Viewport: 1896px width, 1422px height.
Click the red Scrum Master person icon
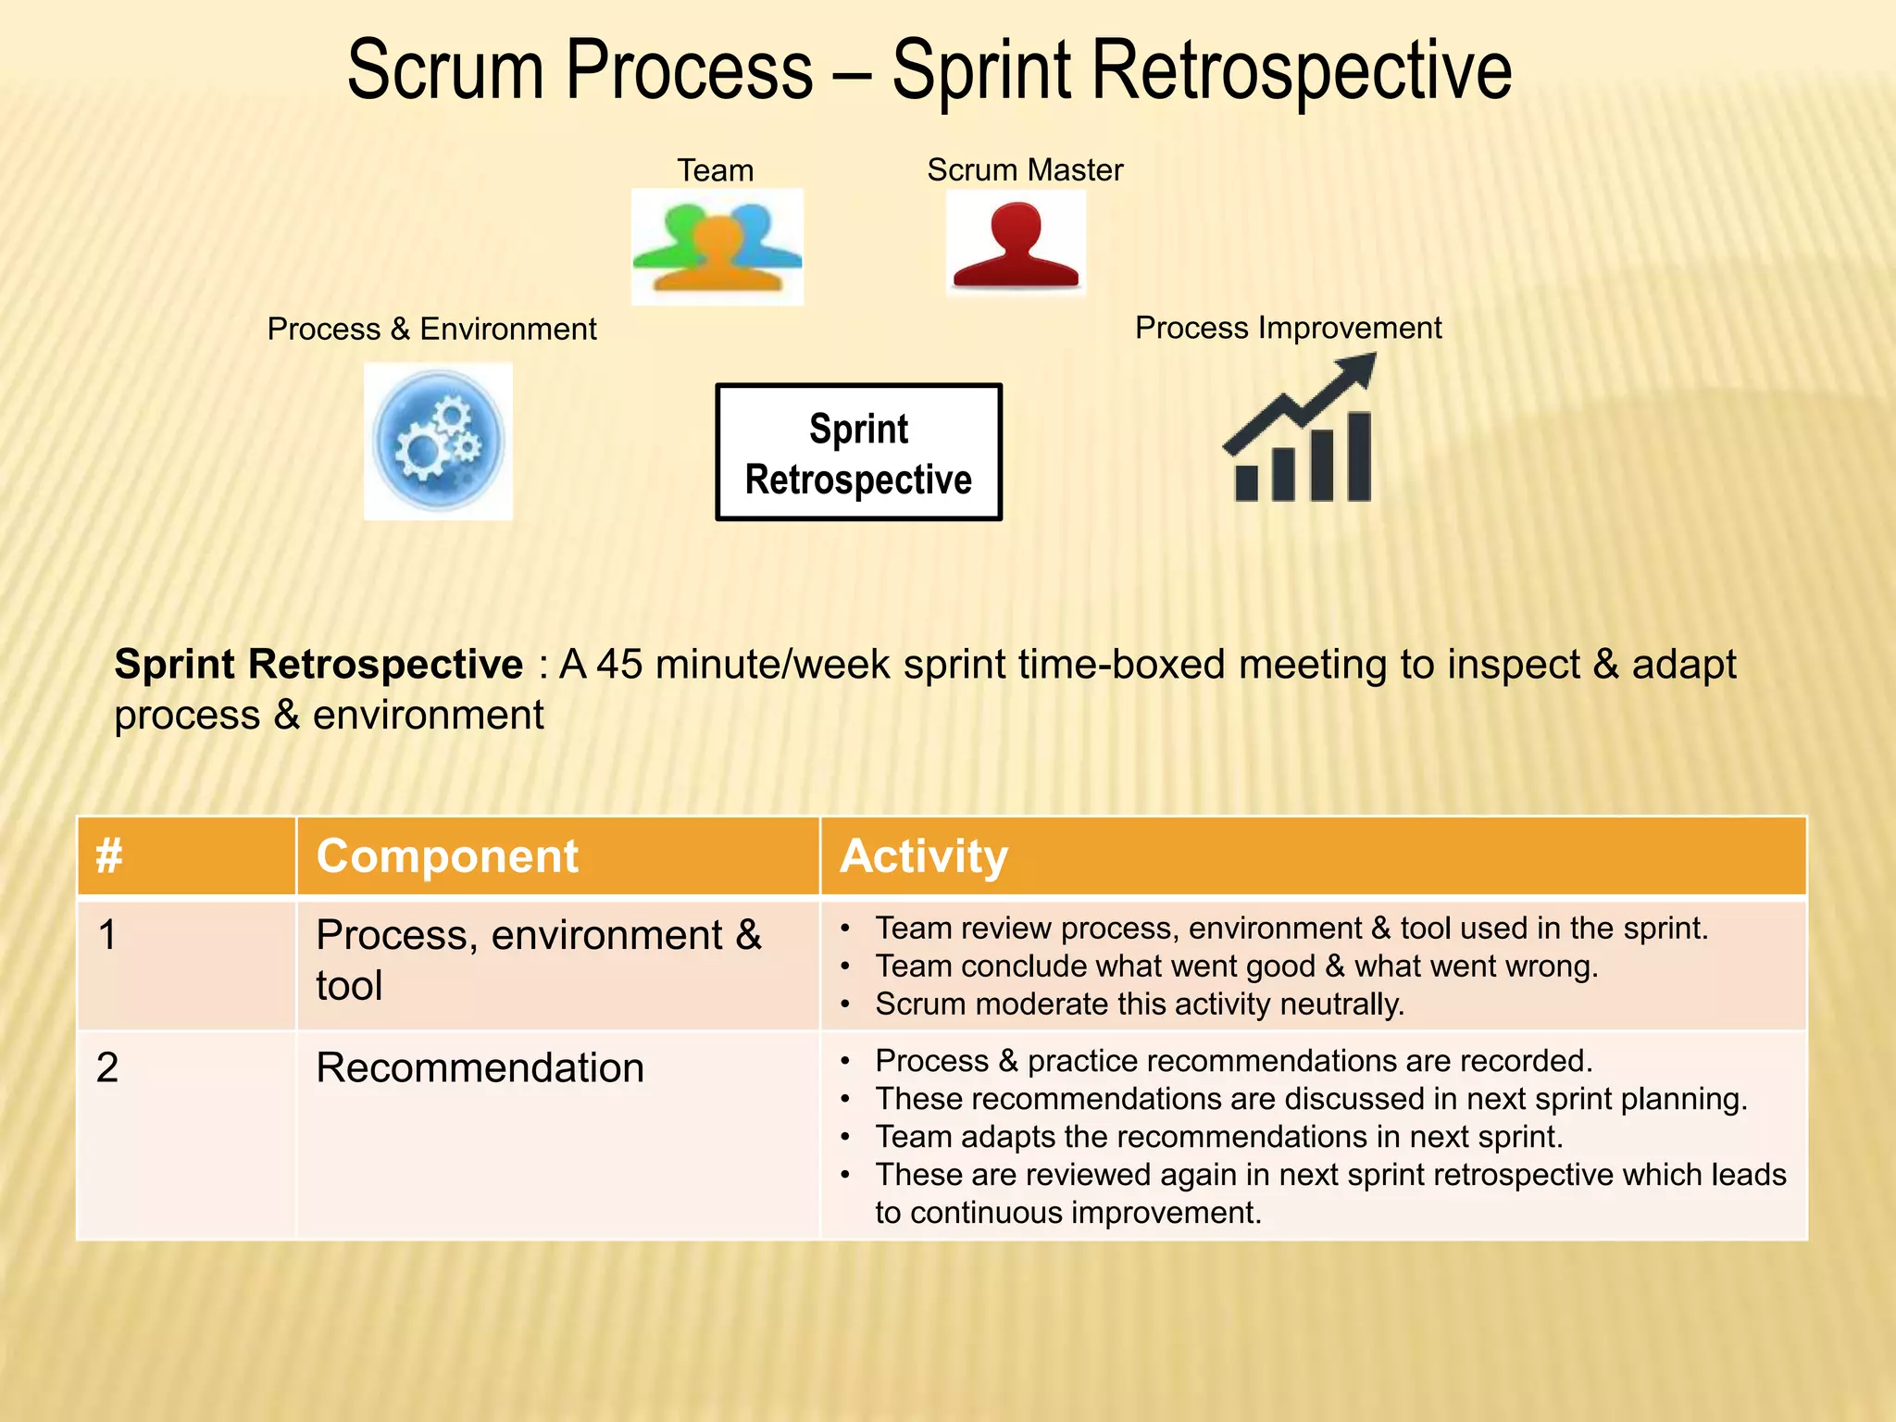[1016, 244]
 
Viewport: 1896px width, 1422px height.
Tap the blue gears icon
[438, 442]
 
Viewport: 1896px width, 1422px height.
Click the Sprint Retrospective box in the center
[858, 453]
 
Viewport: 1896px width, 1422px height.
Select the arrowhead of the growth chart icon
[1355, 372]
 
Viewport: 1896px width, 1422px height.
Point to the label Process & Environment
[431, 330]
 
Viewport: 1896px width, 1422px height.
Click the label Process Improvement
[1288, 328]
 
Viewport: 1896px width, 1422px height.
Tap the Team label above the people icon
[715, 170]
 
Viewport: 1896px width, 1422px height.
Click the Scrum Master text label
[1025, 170]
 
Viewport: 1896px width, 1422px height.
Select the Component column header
[447, 856]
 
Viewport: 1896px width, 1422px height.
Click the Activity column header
[923, 856]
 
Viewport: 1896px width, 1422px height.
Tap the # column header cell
[109, 856]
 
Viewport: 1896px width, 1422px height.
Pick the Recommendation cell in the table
[480, 1068]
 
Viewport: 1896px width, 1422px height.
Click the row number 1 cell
[107, 935]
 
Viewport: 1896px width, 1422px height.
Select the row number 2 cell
[107, 1068]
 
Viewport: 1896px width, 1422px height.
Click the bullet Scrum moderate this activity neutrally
[1139, 1004]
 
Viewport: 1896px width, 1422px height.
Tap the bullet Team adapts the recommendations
[1218, 1137]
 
